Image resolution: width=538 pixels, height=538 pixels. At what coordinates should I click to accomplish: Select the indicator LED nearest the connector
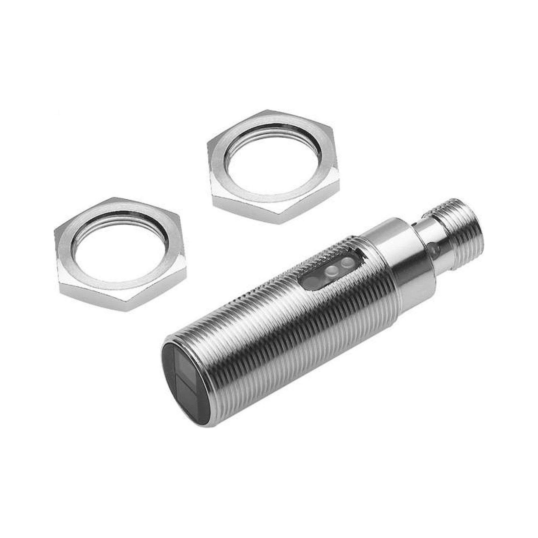click(347, 261)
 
